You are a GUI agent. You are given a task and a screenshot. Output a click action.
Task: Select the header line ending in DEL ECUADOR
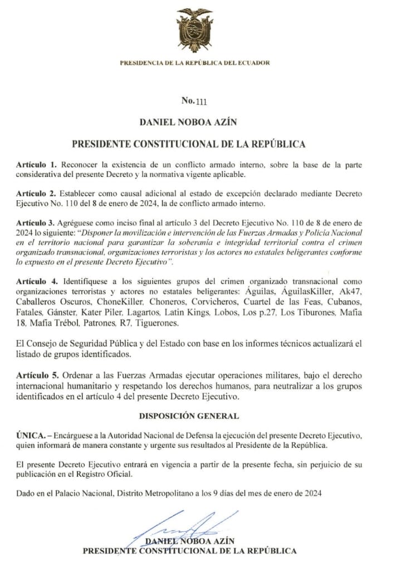click(194, 63)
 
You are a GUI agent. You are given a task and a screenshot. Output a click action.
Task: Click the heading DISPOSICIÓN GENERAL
click(189, 416)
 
